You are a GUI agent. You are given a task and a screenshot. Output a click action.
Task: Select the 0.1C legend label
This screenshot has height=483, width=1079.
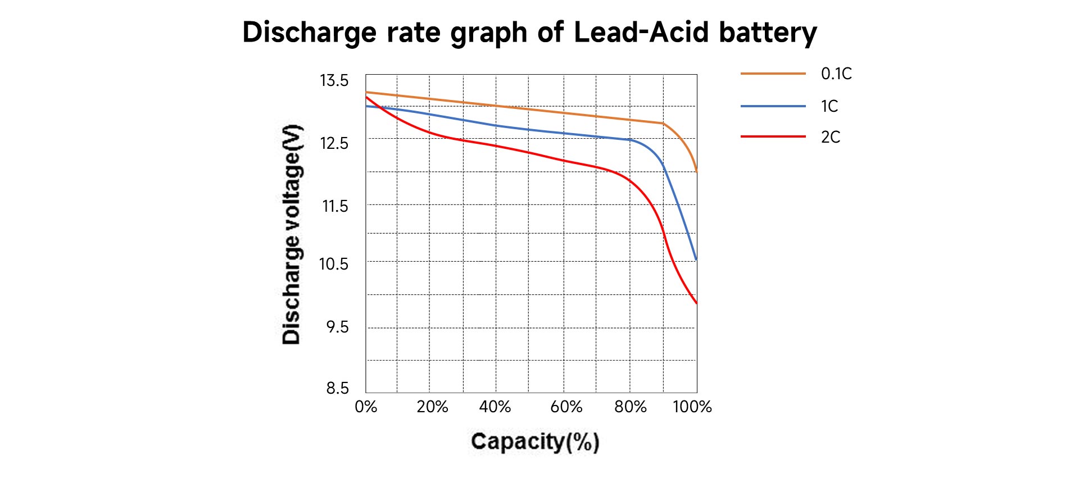click(x=836, y=74)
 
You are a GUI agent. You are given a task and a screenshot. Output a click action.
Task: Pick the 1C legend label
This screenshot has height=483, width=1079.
click(x=829, y=106)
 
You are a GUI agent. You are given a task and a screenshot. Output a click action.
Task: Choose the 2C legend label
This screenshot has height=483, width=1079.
click(x=831, y=137)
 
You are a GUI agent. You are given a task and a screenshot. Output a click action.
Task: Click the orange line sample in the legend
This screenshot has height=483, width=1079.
click(x=773, y=74)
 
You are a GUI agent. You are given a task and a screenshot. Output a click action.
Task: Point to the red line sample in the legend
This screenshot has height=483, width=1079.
click(x=773, y=136)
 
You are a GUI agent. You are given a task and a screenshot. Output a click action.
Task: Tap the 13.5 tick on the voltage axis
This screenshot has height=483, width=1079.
click(x=334, y=80)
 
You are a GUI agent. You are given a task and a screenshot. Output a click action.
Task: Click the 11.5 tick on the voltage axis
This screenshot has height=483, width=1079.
click(x=335, y=206)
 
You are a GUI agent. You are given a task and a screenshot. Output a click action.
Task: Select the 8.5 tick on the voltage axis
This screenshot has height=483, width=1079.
click(x=337, y=388)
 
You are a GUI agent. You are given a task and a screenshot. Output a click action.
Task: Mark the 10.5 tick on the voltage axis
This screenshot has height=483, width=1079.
click(x=334, y=264)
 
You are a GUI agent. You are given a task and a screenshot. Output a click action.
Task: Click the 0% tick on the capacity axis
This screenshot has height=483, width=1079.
click(x=366, y=407)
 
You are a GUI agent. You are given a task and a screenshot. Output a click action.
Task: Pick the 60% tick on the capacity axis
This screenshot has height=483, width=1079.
click(x=566, y=407)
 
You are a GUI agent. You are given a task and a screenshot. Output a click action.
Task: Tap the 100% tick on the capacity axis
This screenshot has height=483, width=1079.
click(x=692, y=407)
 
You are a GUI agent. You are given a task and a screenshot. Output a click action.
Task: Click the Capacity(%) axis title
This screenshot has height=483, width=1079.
click(x=535, y=441)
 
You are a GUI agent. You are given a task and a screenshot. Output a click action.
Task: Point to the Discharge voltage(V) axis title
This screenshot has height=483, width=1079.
click(x=292, y=234)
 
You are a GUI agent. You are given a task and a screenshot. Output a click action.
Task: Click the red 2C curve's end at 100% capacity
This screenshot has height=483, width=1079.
click(x=696, y=303)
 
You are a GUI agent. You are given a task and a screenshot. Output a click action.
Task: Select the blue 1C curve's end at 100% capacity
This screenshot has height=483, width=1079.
click(x=696, y=259)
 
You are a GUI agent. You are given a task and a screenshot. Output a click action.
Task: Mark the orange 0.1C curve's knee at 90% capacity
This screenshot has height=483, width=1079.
click(x=663, y=123)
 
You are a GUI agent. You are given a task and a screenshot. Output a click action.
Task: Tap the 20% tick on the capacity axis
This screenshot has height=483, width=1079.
click(x=432, y=407)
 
